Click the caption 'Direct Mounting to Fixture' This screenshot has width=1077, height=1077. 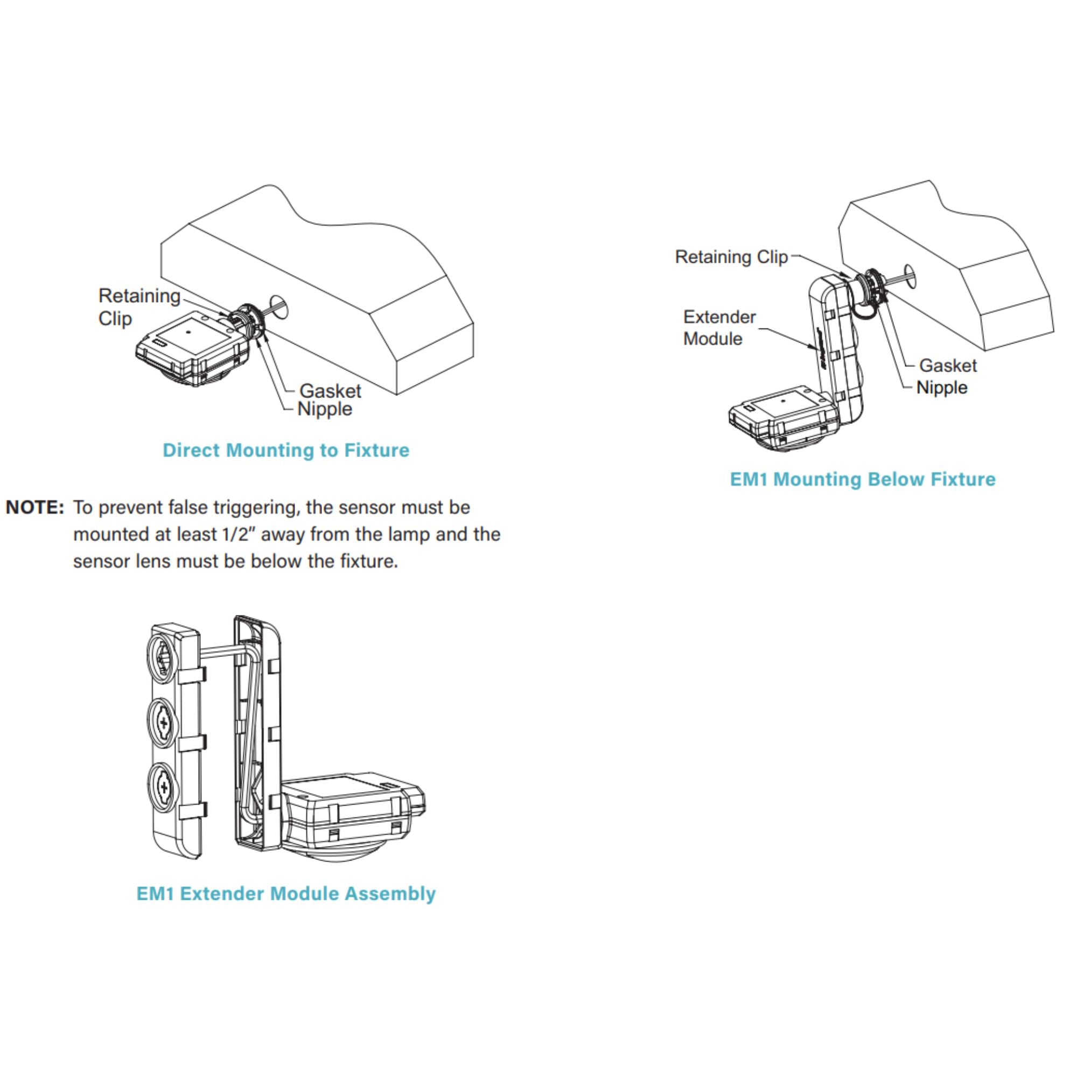pyautogui.click(x=286, y=450)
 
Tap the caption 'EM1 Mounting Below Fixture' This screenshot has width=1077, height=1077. pyautogui.click(x=862, y=479)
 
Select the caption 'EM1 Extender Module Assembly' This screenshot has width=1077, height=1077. pyautogui.click(x=286, y=893)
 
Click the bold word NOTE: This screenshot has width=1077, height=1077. pyautogui.click(x=34, y=507)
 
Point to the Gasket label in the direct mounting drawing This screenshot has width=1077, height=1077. pyautogui.click(x=331, y=391)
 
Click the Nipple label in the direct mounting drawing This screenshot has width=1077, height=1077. pyautogui.click(x=325, y=409)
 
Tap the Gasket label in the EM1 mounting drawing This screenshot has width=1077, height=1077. pyautogui.click(x=948, y=365)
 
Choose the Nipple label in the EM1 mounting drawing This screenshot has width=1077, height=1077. pyautogui.click(x=942, y=387)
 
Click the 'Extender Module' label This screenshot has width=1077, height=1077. pyautogui.click(x=719, y=328)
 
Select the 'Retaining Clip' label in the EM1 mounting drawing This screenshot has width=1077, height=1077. pyautogui.click(x=731, y=257)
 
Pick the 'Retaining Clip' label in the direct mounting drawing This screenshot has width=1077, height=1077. pyautogui.click(x=139, y=307)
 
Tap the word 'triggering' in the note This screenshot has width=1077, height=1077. pyautogui.click(x=248, y=508)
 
